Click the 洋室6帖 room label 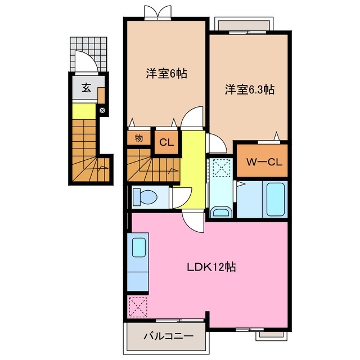(x=166, y=74)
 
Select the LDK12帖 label (x=211, y=267)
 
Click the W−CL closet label (x=262, y=161)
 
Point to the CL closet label (x=166, y=143)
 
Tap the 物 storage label (x=138, y=137)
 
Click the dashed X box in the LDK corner (x=137, y=306)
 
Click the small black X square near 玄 (x=102, y=110)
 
